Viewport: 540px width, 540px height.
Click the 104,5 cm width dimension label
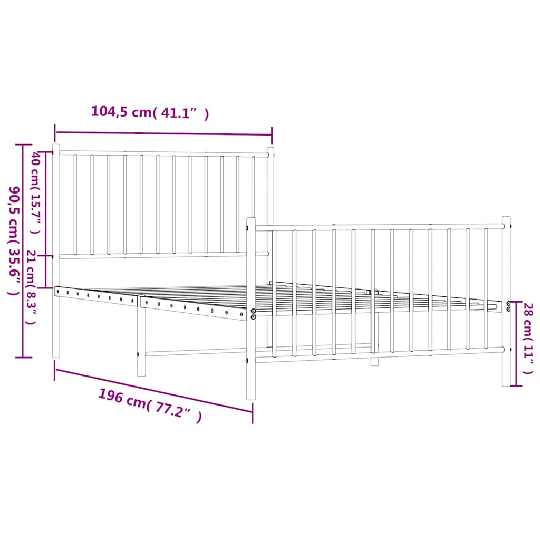click(x=150, y=112)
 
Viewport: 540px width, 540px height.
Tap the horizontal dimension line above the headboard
click(x=163, y=134)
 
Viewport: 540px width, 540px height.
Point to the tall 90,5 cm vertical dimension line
click(x=23, y=250)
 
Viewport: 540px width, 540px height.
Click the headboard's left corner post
click(x=56, y=250)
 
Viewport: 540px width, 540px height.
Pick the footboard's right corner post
click(x=506, y=301)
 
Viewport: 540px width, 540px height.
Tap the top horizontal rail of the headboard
click(x=163, y=153)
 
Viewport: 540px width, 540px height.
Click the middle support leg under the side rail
click(x=141, y=343)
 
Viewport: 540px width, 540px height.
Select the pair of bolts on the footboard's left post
click(x=254, y=314)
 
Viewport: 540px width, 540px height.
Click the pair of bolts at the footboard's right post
click(x=509, y=306)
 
